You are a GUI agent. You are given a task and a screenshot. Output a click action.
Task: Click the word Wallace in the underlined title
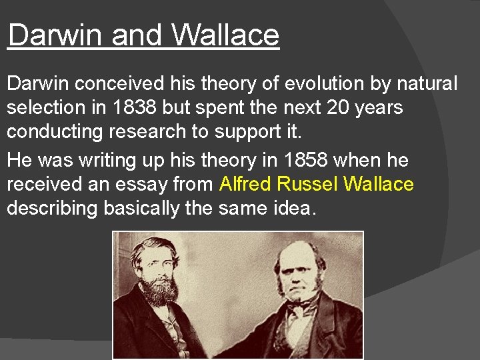225,35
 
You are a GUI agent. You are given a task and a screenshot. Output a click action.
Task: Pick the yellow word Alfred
247,184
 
